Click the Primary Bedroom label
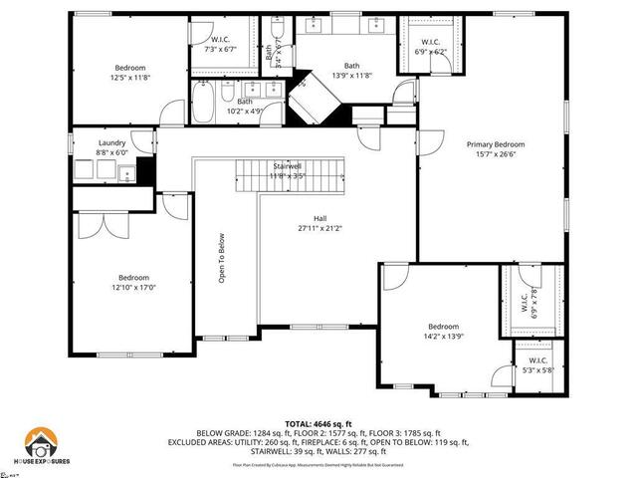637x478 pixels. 496,144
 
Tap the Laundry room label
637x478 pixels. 111,143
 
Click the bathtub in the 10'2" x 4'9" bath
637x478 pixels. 208,100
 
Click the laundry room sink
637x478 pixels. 126,175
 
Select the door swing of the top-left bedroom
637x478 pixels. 170,115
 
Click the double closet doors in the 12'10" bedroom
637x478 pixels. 96,225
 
